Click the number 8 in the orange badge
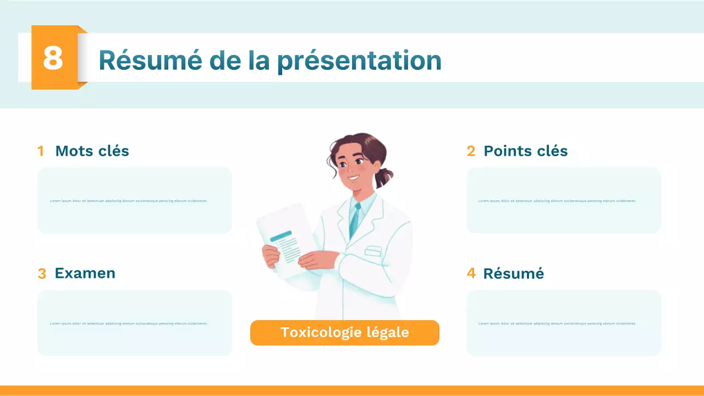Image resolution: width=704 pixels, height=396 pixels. pyautogui.click(x=53, y=58)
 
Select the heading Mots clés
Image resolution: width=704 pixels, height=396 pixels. pyautogui.click(x=92, y=151)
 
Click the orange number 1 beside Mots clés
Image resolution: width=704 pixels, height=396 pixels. pyautogui.click(x=41, y=151)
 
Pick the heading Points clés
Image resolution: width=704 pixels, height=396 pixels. pyautogui.click(x=525, y=151)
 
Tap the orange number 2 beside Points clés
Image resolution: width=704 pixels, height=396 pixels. pyautogui.click(x=471, y=151)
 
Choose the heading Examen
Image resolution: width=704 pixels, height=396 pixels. pyautogui.click(x=85, y=273)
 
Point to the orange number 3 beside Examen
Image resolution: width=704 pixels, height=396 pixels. pyautogui.click(x=42, y=274)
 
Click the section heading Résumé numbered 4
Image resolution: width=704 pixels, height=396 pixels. pyautogui.click(x=513, y=273)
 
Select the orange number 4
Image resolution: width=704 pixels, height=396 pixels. pyautogui.click(x=471, y=273)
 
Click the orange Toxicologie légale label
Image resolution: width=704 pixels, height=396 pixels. pyautogui.click(x=344, y=332)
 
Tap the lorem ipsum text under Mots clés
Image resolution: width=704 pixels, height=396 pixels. pyautogui.click(x=128, y=201)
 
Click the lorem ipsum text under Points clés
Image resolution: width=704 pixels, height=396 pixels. pyautogui.click(x=557, y=201)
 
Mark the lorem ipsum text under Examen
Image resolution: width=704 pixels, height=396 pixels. pyautogui.click(x=128, y=323)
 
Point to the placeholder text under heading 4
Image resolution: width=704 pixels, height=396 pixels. pyautogui.click(x=557, y=323)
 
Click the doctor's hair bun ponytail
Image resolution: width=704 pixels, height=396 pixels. pyautogui.click(x=384, y=175)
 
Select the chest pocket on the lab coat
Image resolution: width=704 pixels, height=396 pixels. pyautogui.click(x=373, y=251)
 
